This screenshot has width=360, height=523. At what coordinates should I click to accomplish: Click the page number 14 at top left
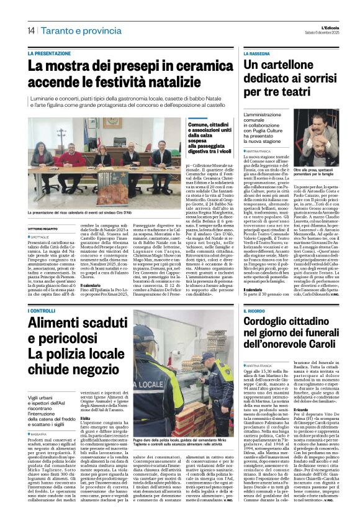(x=30, y=30)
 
